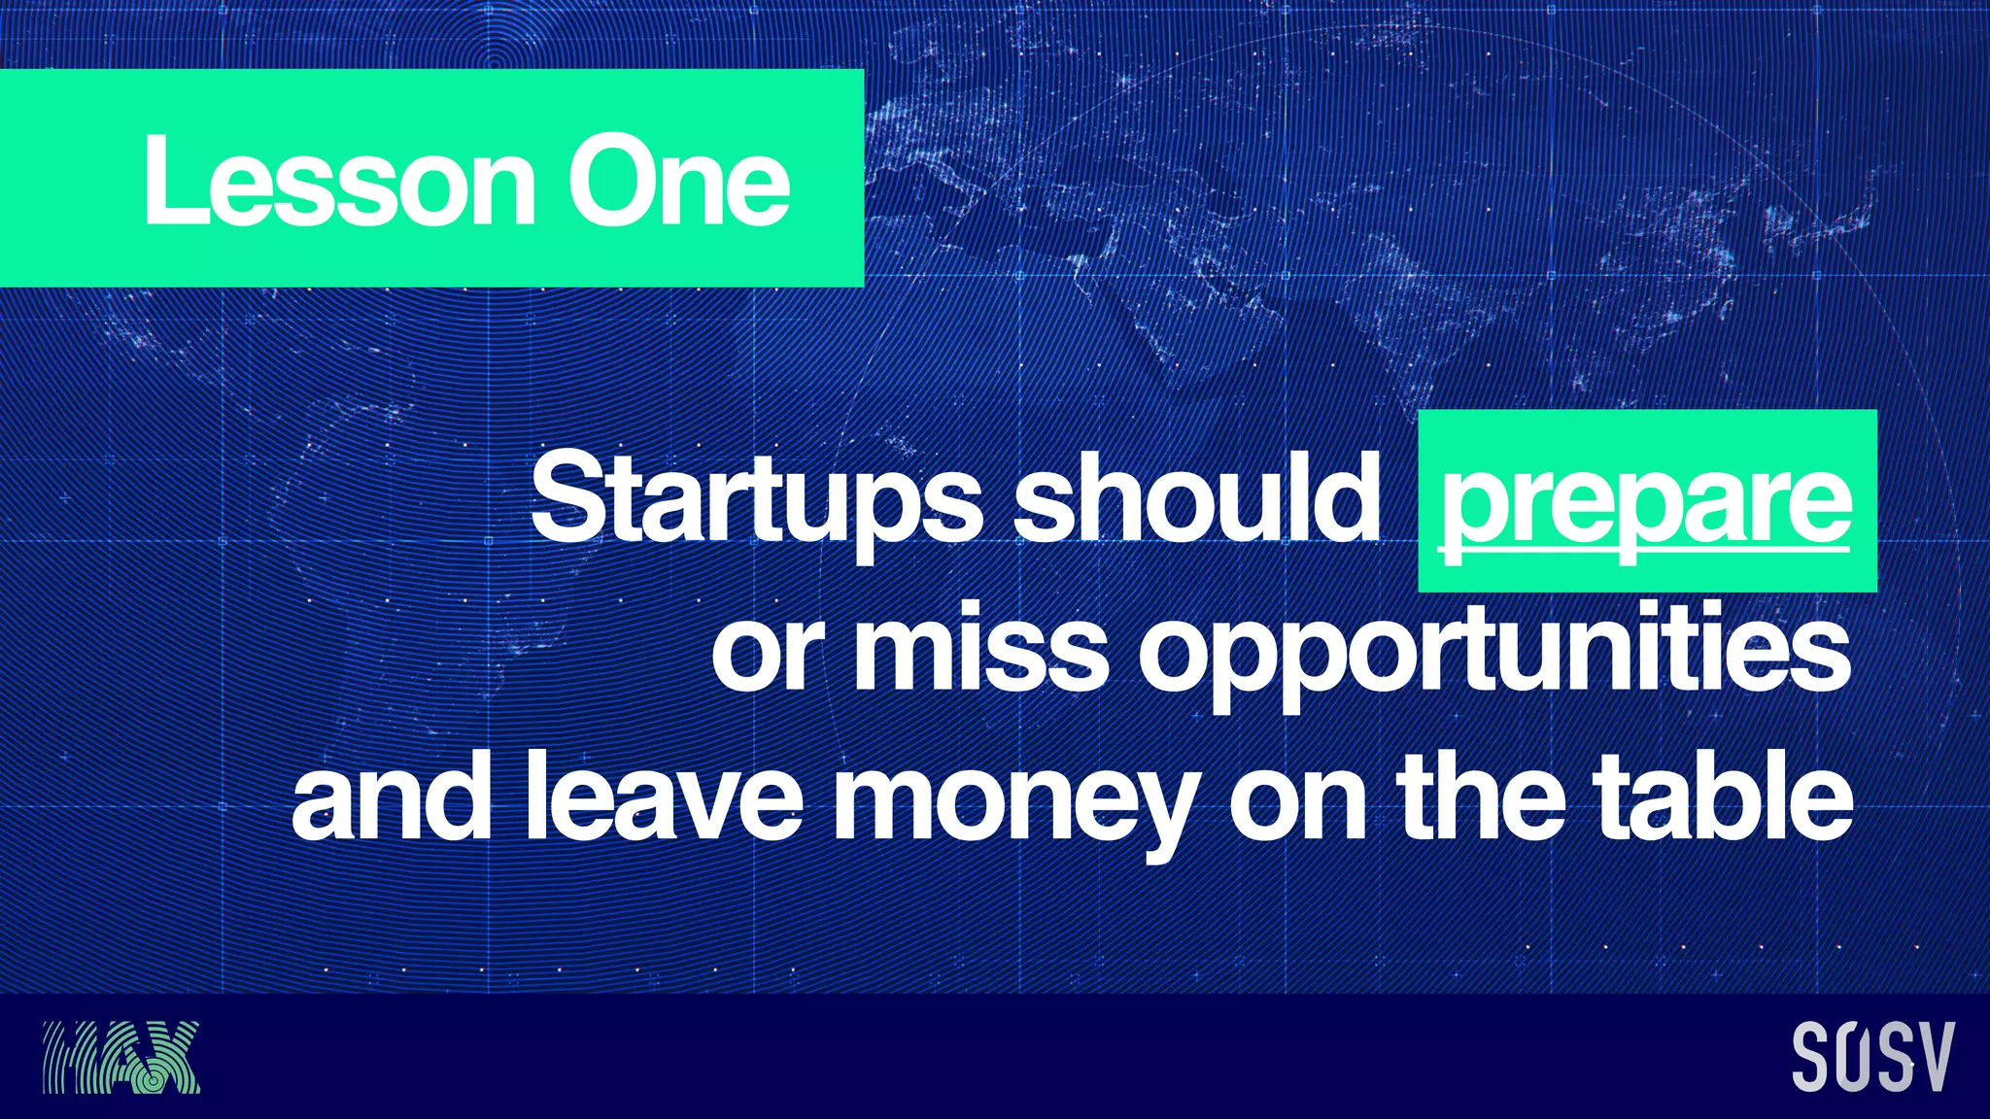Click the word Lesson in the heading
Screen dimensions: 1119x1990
(x=339, y=182)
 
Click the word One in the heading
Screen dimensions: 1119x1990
(x=678, y=182)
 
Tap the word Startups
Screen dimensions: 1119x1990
(x=756, y=500)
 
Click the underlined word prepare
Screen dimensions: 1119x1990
(x=1645, y=503)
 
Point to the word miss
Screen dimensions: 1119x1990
(x=980, y=649)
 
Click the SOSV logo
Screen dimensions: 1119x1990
(x=1872, y=1057)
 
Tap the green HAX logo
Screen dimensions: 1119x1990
(x=121, y=1057)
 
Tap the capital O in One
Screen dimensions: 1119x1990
(x=609, y=182)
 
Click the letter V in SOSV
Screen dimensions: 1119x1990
(x=1932, y=1057)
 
